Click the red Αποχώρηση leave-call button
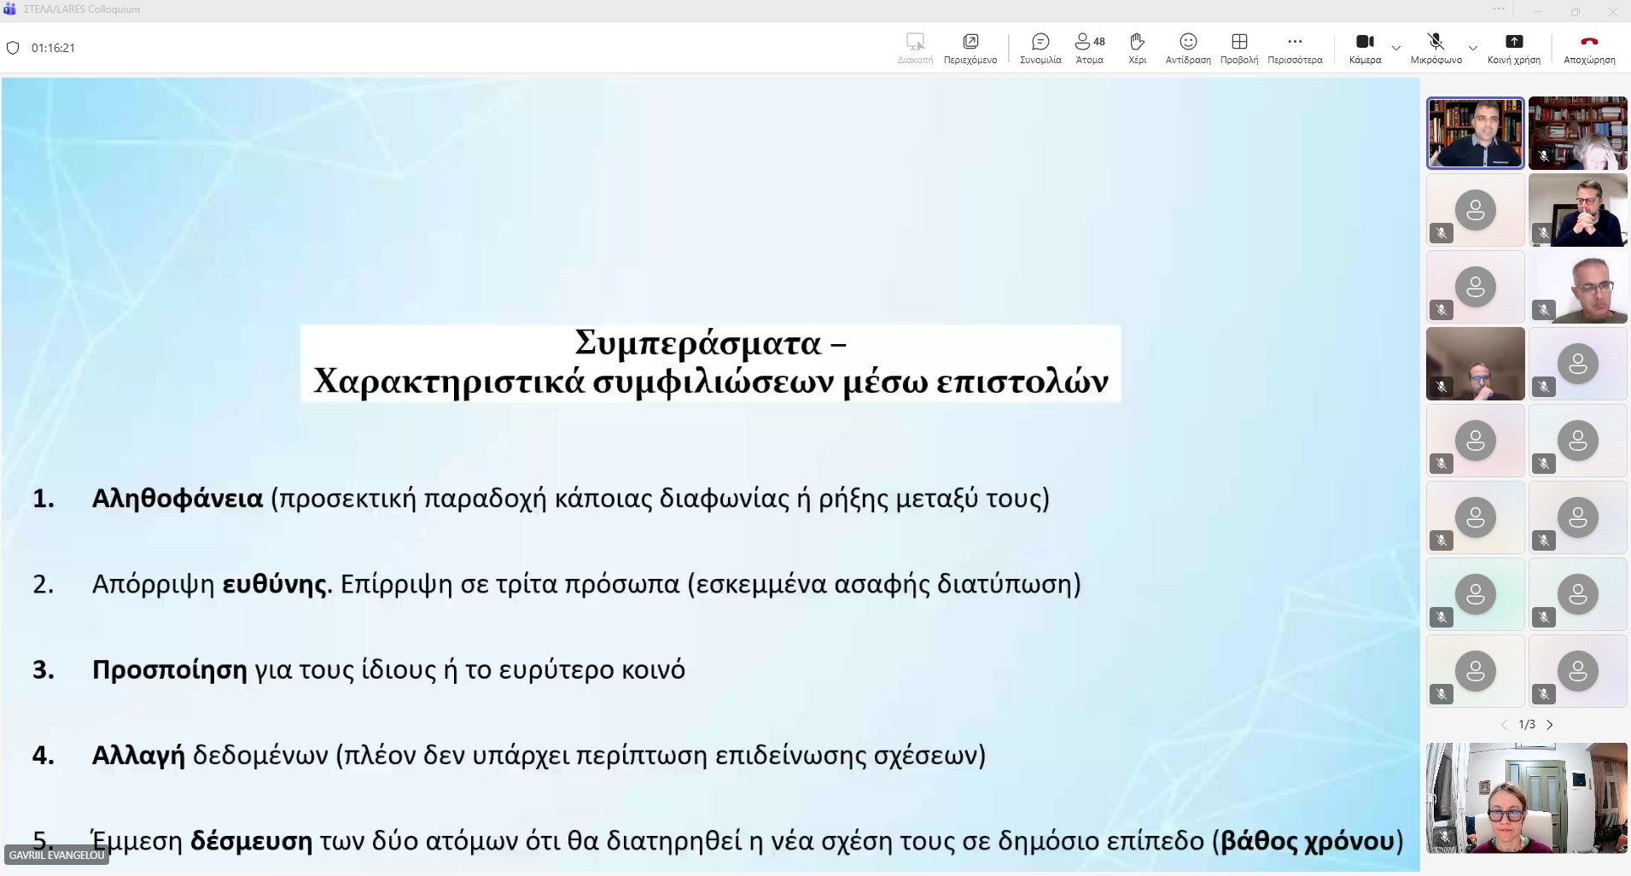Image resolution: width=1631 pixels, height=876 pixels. (1588, 42)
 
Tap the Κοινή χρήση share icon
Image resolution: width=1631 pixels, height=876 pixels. (1513, 42)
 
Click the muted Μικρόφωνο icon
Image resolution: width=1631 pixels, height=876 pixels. (1436, 41)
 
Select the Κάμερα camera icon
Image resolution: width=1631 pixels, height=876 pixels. (1365, 42)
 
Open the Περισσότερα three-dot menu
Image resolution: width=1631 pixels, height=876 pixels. (1295, 42)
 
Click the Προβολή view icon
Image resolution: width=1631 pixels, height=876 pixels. (1239, 42)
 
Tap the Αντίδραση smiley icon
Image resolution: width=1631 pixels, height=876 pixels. (1188, 42)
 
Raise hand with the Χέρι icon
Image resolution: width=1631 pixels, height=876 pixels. (1137, 42)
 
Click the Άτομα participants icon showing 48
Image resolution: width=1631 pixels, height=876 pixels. (1089, 42)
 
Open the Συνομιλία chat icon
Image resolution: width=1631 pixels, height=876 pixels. (1040, 42)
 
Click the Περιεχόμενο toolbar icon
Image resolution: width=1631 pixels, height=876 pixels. (970, 42)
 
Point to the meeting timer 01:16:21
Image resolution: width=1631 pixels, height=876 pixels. (53, 48)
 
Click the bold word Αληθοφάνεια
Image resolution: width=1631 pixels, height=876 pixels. (178, 499)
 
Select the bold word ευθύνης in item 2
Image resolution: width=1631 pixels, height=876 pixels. (275, 585)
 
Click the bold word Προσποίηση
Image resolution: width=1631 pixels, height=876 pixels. (170, 670)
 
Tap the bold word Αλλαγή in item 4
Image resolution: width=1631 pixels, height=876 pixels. (138, 756)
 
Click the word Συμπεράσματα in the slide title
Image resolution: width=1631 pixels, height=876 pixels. (697, 343)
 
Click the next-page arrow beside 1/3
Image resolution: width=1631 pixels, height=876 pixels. (1550, 725)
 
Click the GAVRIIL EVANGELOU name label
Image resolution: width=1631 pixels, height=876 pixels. (56, 855)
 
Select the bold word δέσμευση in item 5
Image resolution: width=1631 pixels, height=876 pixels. (251, 842)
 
